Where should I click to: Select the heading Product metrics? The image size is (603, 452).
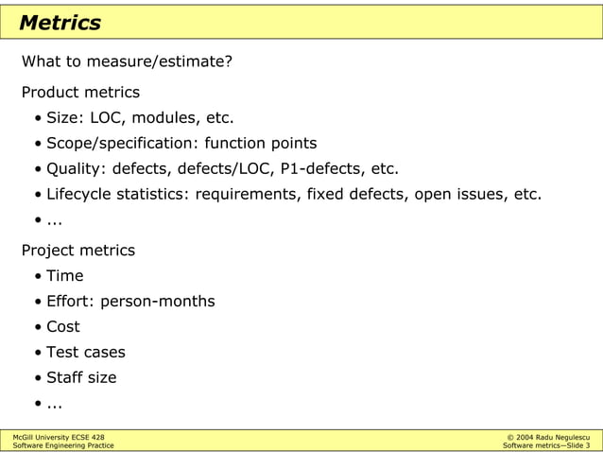click(80, 93)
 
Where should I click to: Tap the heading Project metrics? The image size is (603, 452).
click(78, 251)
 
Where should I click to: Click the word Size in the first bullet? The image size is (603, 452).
click(63, 118)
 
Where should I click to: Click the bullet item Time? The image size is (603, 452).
click(65, 276)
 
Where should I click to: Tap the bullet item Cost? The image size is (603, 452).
click(63, 327)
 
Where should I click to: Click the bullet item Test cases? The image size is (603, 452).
click(86, 353)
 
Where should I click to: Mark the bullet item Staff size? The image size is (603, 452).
click(81, 378)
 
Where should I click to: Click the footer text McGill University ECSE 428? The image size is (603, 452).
click(59, 436)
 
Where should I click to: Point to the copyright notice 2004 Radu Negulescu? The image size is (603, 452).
click(552, 436)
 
